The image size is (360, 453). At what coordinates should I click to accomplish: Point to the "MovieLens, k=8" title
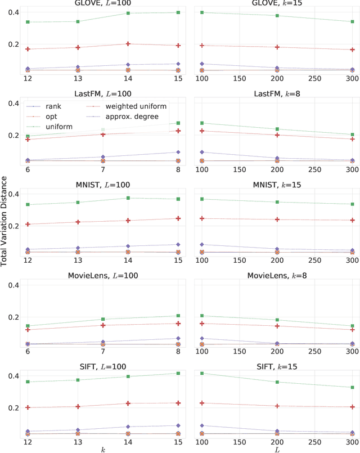point(276,276)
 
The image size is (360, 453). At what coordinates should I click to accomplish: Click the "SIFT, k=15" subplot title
point(276,366)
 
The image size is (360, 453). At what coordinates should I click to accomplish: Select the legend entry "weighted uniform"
point(127,106)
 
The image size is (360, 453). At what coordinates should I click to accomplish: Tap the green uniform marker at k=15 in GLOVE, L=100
point(178,12)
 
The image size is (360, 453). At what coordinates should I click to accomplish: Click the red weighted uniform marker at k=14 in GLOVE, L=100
point(128,44)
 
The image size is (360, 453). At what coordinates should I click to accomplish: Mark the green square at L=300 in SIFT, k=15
point(352,387)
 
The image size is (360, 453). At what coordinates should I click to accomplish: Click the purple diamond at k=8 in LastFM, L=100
point(178,152)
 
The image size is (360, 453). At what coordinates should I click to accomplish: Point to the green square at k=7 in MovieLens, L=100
point(102,319)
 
